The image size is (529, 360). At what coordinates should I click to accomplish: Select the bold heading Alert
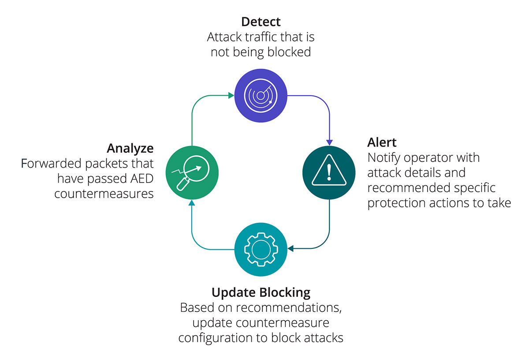(x=382, y=142)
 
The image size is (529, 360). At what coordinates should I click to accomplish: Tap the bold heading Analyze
(x=130, y=148)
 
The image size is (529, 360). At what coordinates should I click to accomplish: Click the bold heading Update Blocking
(x=261, y=292)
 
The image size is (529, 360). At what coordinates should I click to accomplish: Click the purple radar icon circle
(x=261, y=96)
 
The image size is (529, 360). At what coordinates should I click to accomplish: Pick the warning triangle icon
(x=329, y=172)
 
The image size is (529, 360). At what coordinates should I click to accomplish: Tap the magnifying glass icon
(x=191, y=172)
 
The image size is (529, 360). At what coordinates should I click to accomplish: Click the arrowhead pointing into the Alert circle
(x=329, y=142)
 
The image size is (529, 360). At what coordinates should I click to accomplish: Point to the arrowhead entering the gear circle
(x=291, y=249)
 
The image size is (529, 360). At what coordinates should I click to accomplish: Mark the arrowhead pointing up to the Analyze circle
(x=191, y=202)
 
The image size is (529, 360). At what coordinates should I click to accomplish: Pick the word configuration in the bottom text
(x=216, y=338)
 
